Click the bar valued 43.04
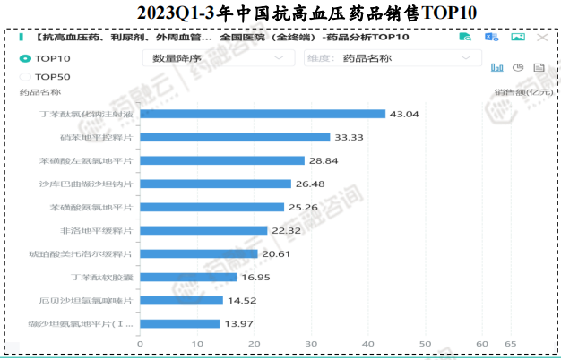point(263,114)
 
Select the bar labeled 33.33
point(235,137)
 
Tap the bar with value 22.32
point(203,230)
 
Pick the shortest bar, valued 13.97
point(179,323)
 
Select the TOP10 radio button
point(25,58)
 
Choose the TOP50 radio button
point(25,76)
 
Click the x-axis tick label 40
point(367,343)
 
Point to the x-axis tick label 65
point(511,343)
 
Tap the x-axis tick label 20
point(254,343)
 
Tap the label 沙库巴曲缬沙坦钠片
point(93,184)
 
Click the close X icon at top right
point(540,38)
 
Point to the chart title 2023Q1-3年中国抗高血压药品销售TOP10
point(280,13)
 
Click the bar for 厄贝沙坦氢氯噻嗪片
point(176,300)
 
